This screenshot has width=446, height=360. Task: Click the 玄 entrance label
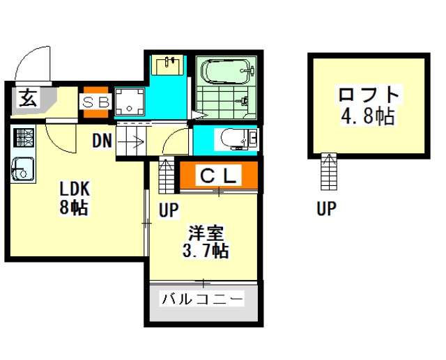point(28,97)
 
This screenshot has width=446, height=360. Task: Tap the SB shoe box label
point(96,102)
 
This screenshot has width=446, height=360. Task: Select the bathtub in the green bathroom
point(227,72)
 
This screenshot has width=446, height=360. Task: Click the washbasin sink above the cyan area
point(167,65)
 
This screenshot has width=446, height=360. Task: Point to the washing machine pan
point(130,101)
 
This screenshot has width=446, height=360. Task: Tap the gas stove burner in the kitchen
point(24,137)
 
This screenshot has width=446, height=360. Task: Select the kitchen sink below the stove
point(23,169)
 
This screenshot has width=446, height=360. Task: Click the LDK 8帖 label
point(75,198)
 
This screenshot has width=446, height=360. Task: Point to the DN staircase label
point(102,141)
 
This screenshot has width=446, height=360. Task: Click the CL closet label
point(218,176)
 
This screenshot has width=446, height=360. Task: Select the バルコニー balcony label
point(203,299)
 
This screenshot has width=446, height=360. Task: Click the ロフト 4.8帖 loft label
point(368,104)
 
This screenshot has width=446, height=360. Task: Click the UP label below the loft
point(326,208)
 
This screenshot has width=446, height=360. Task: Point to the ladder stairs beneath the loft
point(329,171)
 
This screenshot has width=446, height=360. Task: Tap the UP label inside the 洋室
point(169,210)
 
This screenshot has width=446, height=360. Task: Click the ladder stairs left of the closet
point(167,175)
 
